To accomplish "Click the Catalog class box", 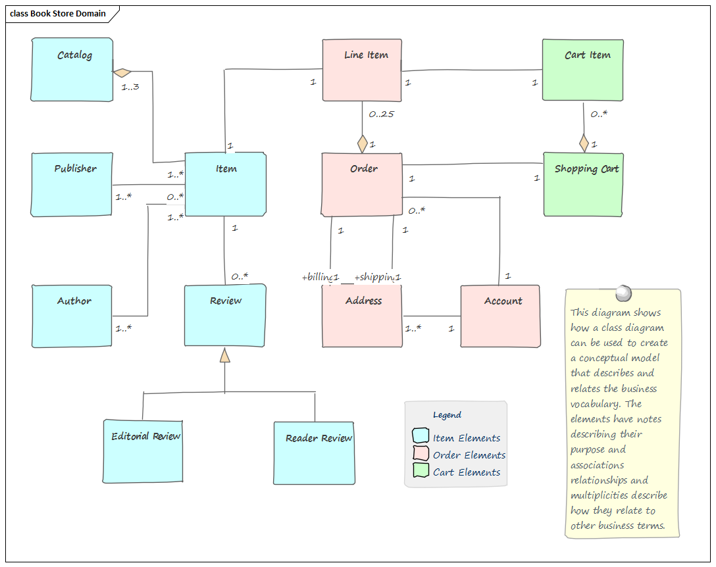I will pyautogui.click(x=72, y=70).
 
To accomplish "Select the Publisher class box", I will pyautogui.click(x=72, y=184).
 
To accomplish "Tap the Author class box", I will pyautogui.click(x=72, y=316).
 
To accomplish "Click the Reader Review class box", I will pyautogui.click(x=313, y=452).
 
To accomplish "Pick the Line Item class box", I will pyautogui.click(x=362, y=70).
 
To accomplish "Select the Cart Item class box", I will pyautogui.click(x=583, y=70).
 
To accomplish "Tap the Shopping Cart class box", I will pyautogui.click(x=583, y=184).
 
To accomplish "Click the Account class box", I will pyautogui.click(x=500, y=316).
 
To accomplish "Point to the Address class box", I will pyautogui.click(x=362, y=316).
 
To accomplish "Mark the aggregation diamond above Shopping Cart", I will pyautogui.click(x=584, y=142).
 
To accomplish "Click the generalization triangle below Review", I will pyautogui.click(x=225, y=355).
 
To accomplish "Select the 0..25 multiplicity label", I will pyautogui.click(x=381, y=114).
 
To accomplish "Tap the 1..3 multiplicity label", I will pyautogui.click(x=130, y=86).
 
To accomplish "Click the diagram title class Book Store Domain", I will pyautogui.click(x=58, y=14).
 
